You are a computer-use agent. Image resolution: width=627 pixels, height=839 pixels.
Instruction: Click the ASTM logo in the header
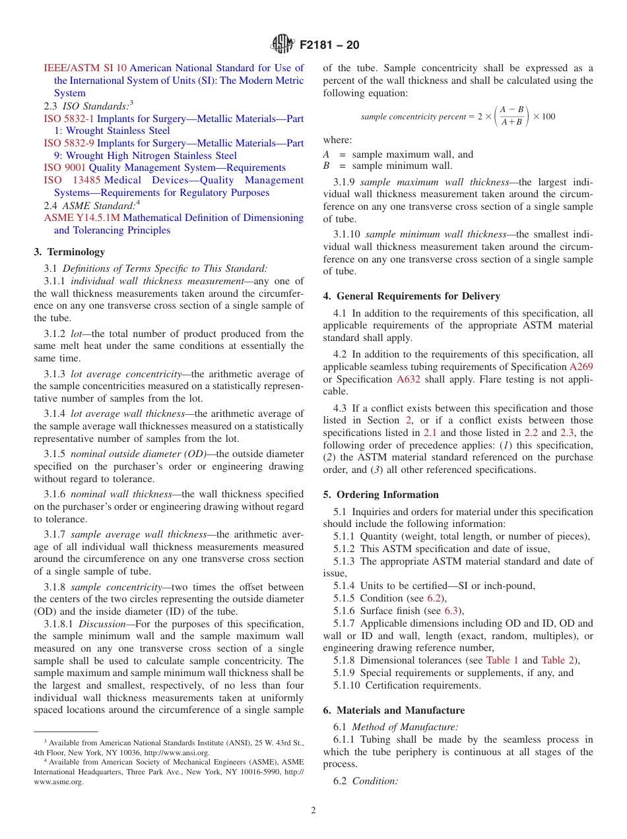pos(282,45)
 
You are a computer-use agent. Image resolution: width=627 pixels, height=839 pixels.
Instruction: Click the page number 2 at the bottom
pos(313,810)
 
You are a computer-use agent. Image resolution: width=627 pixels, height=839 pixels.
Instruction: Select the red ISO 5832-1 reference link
pos(69,119)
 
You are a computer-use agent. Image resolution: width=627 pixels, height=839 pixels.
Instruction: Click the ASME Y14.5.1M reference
pos(82,218)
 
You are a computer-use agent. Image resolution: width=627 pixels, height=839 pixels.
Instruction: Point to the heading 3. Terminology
pos(69,252)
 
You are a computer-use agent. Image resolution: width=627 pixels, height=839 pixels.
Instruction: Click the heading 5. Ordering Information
pos(381,495)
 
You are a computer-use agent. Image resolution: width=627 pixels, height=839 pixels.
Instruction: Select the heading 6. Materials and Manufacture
pos(393,710)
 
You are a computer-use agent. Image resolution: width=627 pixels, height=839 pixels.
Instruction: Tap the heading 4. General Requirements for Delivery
pos(411,296)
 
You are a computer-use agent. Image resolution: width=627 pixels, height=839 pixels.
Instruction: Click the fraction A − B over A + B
pos(511,116)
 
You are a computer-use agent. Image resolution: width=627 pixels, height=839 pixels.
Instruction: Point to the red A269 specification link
pos(581,367)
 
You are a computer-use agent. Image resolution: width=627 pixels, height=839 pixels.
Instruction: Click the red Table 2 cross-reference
pos(558,660)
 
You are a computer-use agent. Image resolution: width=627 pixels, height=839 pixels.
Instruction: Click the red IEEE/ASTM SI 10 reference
pos(85,68)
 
